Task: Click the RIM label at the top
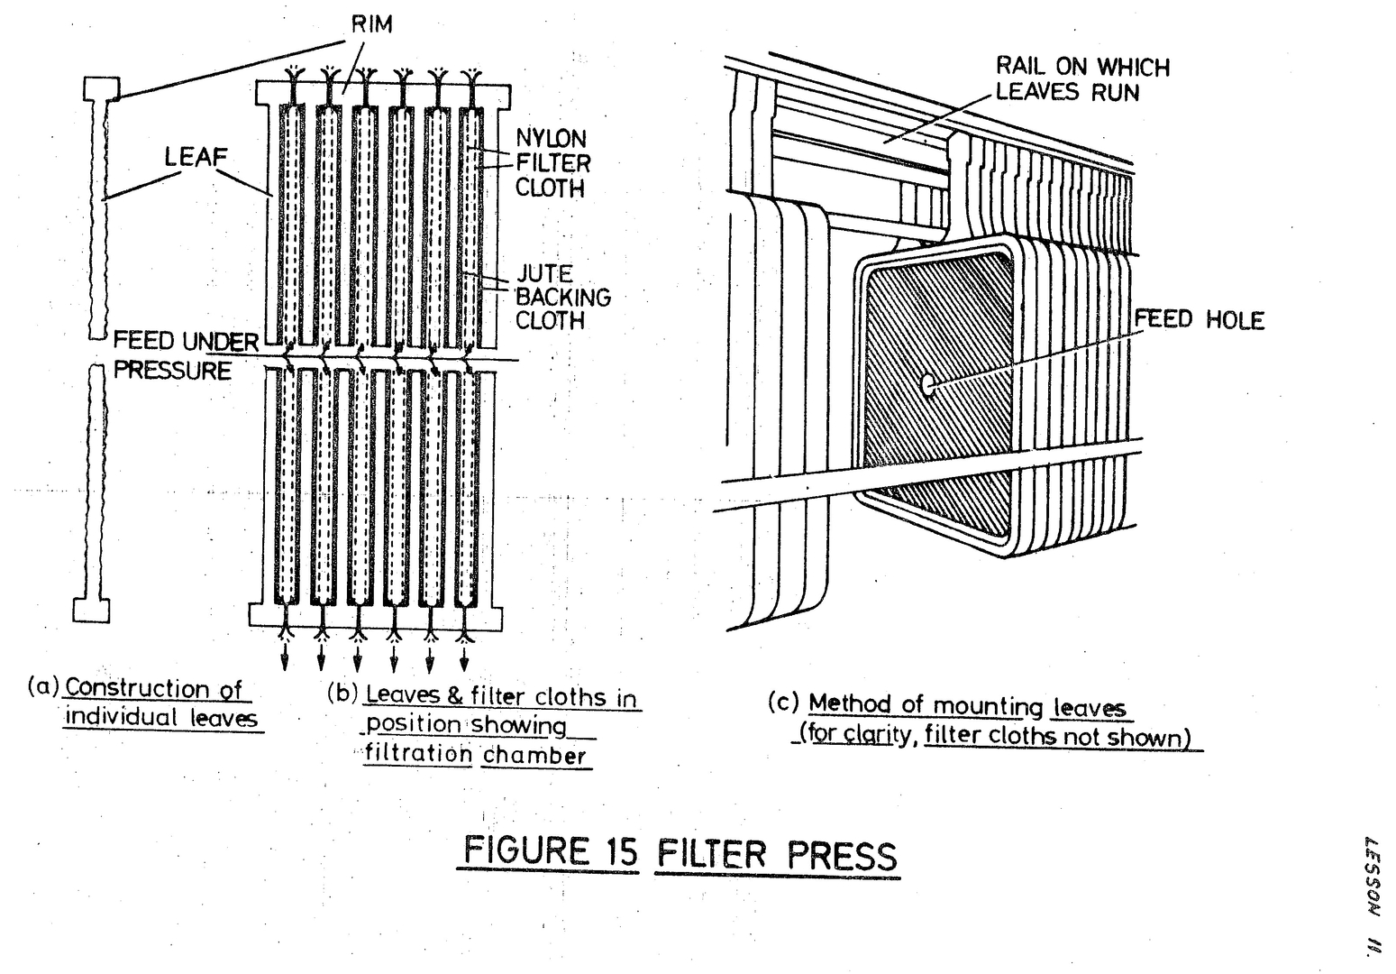pyautogui.click(x=371, y=23)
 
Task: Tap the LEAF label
pyautogui.click(x=196, y=156)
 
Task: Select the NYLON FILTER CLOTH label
pyautogui.click(x=552, y=163)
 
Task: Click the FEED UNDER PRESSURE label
pyautogui.click(x=185, y=356)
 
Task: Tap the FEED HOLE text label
pyautogui.click(x=1199, y=319)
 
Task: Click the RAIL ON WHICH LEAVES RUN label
pyautogui.click(x=1081, y=79)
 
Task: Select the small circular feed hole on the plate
pyautogui.click(x=927, y=384)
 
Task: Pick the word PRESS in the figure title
pyautogui.click(x=843, y=855)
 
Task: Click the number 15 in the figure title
pyautogui.click(x=617, y=851)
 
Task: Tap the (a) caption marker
pyautogui.click(x=43, y=686)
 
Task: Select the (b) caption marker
pyautogui.click(x=342, y=694)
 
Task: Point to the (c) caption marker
pyautogui.click(x=783, y=703)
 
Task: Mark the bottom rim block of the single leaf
pyautogui.click(x=91, y=610)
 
